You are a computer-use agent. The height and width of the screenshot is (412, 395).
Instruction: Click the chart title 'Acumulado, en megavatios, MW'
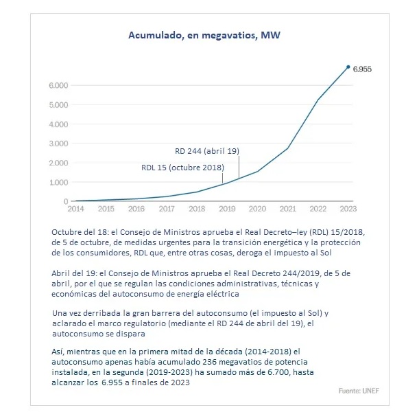204,35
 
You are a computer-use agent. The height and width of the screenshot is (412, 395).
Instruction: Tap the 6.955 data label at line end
362,69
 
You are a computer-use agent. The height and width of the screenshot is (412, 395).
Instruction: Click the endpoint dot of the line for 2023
348,67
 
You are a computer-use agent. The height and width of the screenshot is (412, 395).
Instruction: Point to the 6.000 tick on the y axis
58,85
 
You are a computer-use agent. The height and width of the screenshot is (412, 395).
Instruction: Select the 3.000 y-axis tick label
58,144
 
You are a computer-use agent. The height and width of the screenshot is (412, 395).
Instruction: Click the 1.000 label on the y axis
58,183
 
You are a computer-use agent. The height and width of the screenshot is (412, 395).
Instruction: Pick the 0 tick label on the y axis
66,201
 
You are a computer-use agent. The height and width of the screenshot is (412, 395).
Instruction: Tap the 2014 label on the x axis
76,209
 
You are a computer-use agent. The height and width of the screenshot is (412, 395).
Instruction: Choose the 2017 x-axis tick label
167,209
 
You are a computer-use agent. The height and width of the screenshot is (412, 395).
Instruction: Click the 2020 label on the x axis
257,209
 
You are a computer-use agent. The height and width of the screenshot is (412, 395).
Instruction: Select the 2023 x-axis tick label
348,209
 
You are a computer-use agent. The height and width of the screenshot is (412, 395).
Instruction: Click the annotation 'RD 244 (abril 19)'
207,151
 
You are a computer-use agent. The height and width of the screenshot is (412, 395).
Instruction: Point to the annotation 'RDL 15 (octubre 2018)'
182,168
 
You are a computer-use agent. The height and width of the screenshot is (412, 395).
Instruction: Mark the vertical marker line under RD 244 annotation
239,167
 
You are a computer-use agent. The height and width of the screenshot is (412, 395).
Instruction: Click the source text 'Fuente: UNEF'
359,391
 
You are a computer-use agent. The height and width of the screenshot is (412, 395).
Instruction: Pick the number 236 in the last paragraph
209,362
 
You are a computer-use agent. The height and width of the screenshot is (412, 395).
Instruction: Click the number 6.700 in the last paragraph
279,372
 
